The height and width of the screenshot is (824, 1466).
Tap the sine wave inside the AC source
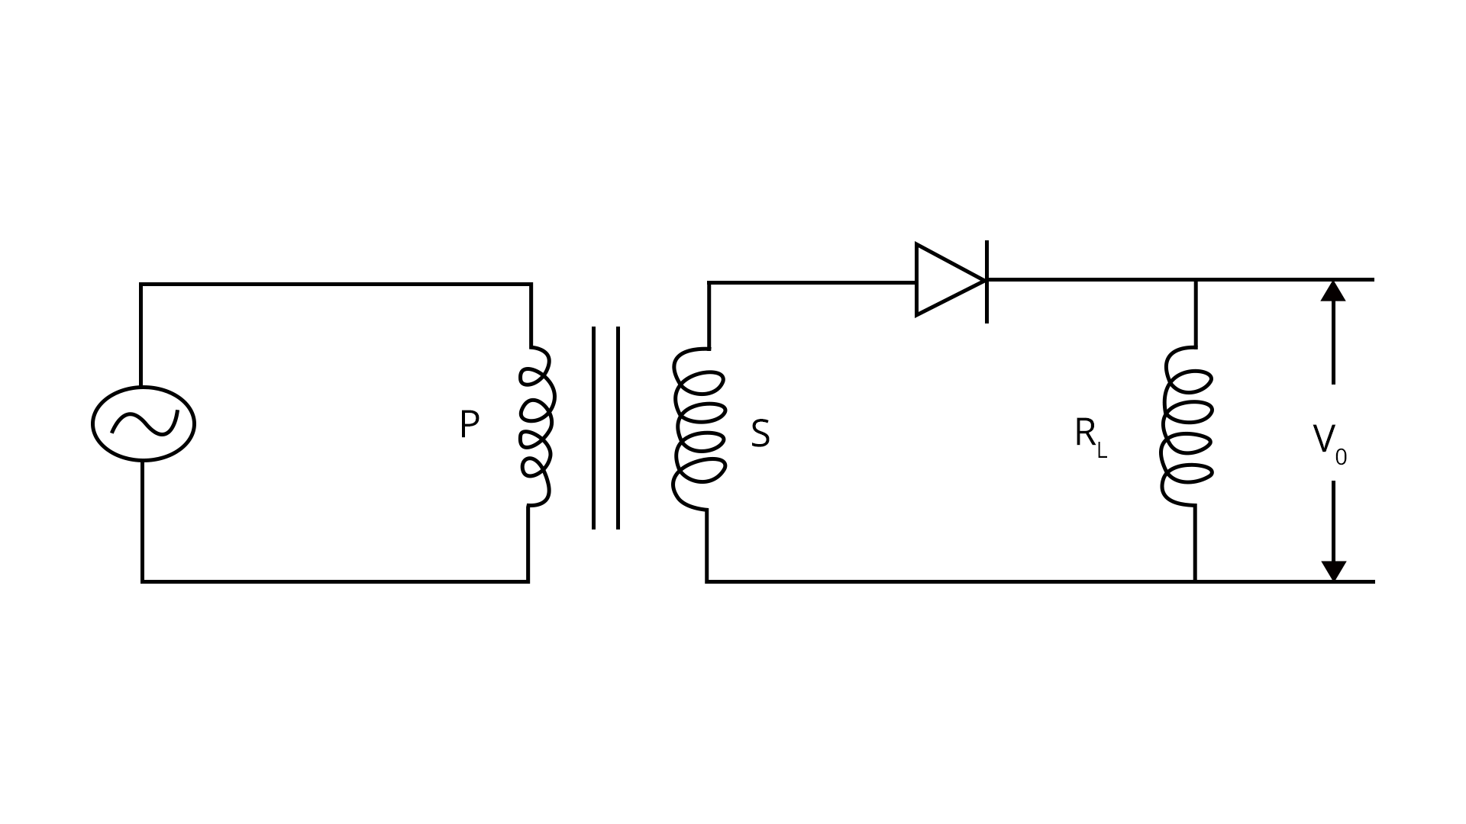[144, 423]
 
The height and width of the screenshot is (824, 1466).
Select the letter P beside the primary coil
[469, 425]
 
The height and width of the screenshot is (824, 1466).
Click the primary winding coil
[536, 426]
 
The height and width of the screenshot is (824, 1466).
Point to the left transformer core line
[593, 427]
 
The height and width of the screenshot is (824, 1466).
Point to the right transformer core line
[618, 427]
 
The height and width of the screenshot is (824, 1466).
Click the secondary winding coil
[699, 428]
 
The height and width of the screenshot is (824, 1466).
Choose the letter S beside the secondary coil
[760, 434]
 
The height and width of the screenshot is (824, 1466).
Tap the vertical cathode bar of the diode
[986, 281]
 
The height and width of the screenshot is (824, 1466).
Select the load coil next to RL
[1187, 426]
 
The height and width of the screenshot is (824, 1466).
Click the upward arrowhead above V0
[1333, 291]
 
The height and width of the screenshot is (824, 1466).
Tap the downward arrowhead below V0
[1333, 571]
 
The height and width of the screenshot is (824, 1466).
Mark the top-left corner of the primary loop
[141, 285]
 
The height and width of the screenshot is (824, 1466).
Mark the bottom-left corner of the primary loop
[143, 581]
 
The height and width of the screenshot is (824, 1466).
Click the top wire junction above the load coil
[1196, 280]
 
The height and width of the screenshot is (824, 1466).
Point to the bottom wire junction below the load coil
[1195, 581]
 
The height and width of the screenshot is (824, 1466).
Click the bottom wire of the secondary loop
[947, 581]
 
